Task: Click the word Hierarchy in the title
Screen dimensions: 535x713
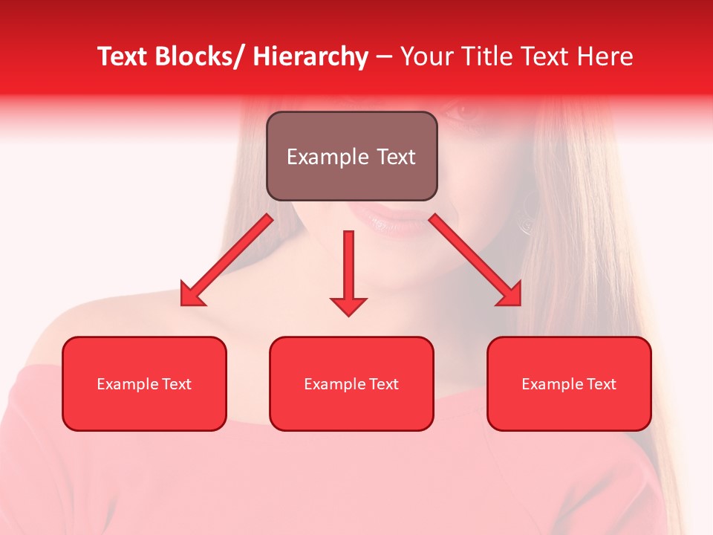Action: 310,56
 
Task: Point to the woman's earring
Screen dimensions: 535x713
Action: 528,215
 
